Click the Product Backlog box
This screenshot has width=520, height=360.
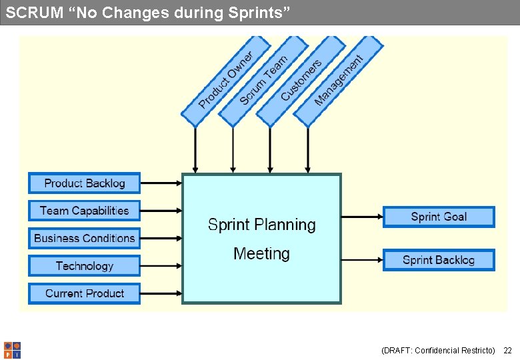point(84,183)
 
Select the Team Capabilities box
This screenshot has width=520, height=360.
point(84,211)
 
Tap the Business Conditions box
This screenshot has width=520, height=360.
point(84,238)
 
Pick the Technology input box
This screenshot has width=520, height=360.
point(84,266)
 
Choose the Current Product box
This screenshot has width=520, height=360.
point(84,293)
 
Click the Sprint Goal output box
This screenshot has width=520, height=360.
point(439,217)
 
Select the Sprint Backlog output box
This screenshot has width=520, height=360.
point(439,260)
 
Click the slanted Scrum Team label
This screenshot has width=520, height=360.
point(263,80)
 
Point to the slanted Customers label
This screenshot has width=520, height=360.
point(301,81)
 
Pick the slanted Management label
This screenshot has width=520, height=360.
point(339,81)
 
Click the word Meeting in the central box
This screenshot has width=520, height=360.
point(261,254)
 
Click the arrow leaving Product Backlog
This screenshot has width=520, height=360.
point(161,183)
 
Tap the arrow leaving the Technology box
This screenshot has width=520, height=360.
point(161,266)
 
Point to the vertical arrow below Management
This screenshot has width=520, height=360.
point(307,150)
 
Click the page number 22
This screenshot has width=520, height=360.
point(507,350)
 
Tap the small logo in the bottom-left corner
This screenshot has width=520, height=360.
point(12,350)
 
